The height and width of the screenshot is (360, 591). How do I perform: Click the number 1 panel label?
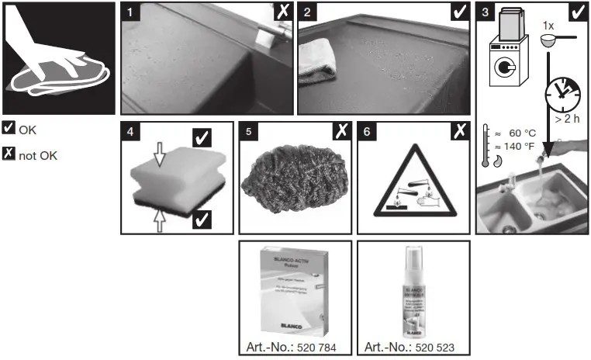tap(130, 12)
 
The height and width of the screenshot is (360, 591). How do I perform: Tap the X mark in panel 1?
tap(283, 12)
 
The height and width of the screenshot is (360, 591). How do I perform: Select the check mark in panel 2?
tap(459, 12)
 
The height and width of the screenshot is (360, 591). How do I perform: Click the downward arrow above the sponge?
tap(160, 157)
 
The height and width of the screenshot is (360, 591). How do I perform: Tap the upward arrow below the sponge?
tap(160, 220)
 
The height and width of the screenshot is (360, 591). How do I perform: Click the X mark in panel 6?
tap(459, 130)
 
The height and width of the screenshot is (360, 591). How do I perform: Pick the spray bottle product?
tap(413, 291)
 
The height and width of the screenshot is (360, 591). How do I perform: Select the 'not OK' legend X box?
tap(9, 154)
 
